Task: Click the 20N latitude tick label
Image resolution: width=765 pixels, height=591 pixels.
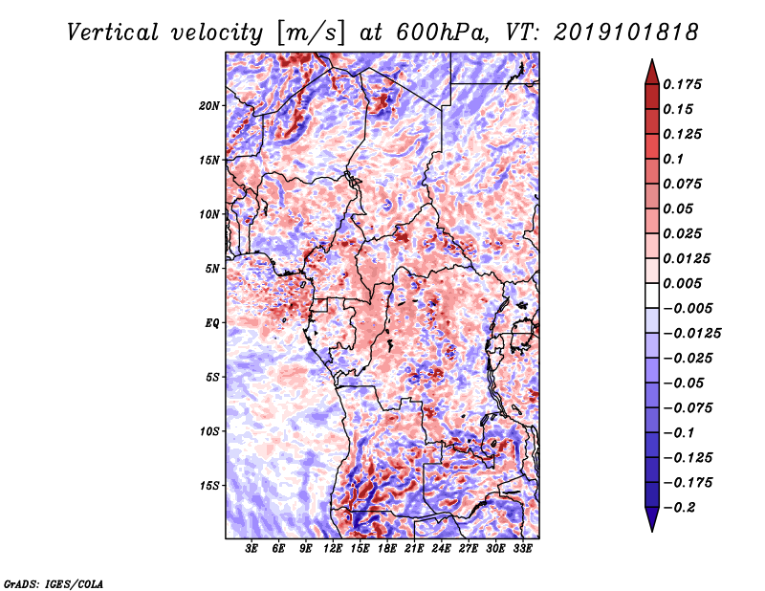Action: (x=209, y=106)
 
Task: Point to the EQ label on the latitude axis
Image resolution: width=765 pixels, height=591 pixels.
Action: (x=212, y=323)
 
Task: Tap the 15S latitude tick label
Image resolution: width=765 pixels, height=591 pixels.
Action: (x=209, y=486)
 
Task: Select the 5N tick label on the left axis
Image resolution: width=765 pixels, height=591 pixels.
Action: (x=212, y=269)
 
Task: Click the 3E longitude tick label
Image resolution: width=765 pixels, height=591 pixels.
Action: (x=251, y=549)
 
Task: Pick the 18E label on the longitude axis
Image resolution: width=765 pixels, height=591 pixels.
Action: (x=387, y=549)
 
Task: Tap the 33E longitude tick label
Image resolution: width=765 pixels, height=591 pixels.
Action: (x=522, y=549)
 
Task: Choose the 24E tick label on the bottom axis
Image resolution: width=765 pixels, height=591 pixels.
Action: (x=441, y=549)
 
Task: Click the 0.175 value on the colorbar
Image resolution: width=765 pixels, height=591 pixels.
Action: (x=682, y=84)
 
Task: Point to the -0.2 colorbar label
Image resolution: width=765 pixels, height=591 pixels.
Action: (x=679, y=508)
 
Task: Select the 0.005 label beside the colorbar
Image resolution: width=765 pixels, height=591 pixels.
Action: (x=682, y=283)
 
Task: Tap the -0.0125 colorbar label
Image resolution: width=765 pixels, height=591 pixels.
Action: (x=691, y=334)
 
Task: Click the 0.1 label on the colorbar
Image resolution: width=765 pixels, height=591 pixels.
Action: (x=673, y=159)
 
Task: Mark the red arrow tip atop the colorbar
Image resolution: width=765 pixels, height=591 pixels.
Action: (x=652, y=59)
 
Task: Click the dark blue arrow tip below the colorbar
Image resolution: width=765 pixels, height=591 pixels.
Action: (x=652, y=531)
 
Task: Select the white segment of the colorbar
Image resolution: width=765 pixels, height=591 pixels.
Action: (x=652, y=295)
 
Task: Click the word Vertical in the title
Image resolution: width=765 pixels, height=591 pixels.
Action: (x=113, y=33)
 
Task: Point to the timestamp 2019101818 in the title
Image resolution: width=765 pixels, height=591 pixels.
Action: (x=626, y=33)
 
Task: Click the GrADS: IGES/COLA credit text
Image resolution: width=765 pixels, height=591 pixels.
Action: (x=54, y=584)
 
